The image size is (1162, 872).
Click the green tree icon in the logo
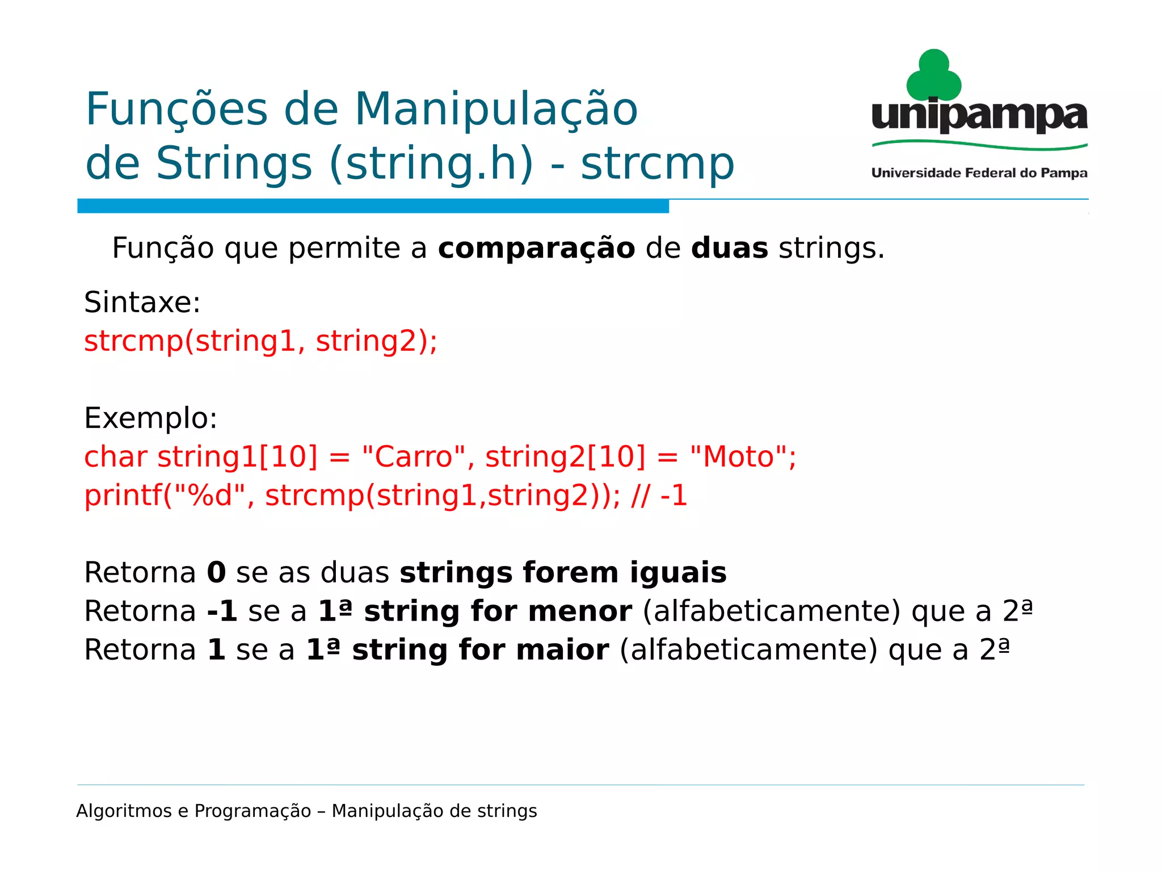(933, 76)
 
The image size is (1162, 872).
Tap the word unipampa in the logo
(979, 116)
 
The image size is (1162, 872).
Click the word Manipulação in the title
(496, 110)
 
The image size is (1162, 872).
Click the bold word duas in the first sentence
(729, 249)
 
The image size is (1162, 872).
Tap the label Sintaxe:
(142, 302)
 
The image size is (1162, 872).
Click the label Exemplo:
(150, 418)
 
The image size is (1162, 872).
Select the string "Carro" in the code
(414, 456)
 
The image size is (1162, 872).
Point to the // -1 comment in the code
(659, 496)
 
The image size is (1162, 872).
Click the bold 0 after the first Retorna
(216, 573)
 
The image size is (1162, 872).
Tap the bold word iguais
(678, 573)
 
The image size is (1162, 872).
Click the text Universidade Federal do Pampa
(979, 173)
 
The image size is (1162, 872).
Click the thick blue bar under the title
(373, 206)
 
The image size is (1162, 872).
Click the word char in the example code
(116, 457)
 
